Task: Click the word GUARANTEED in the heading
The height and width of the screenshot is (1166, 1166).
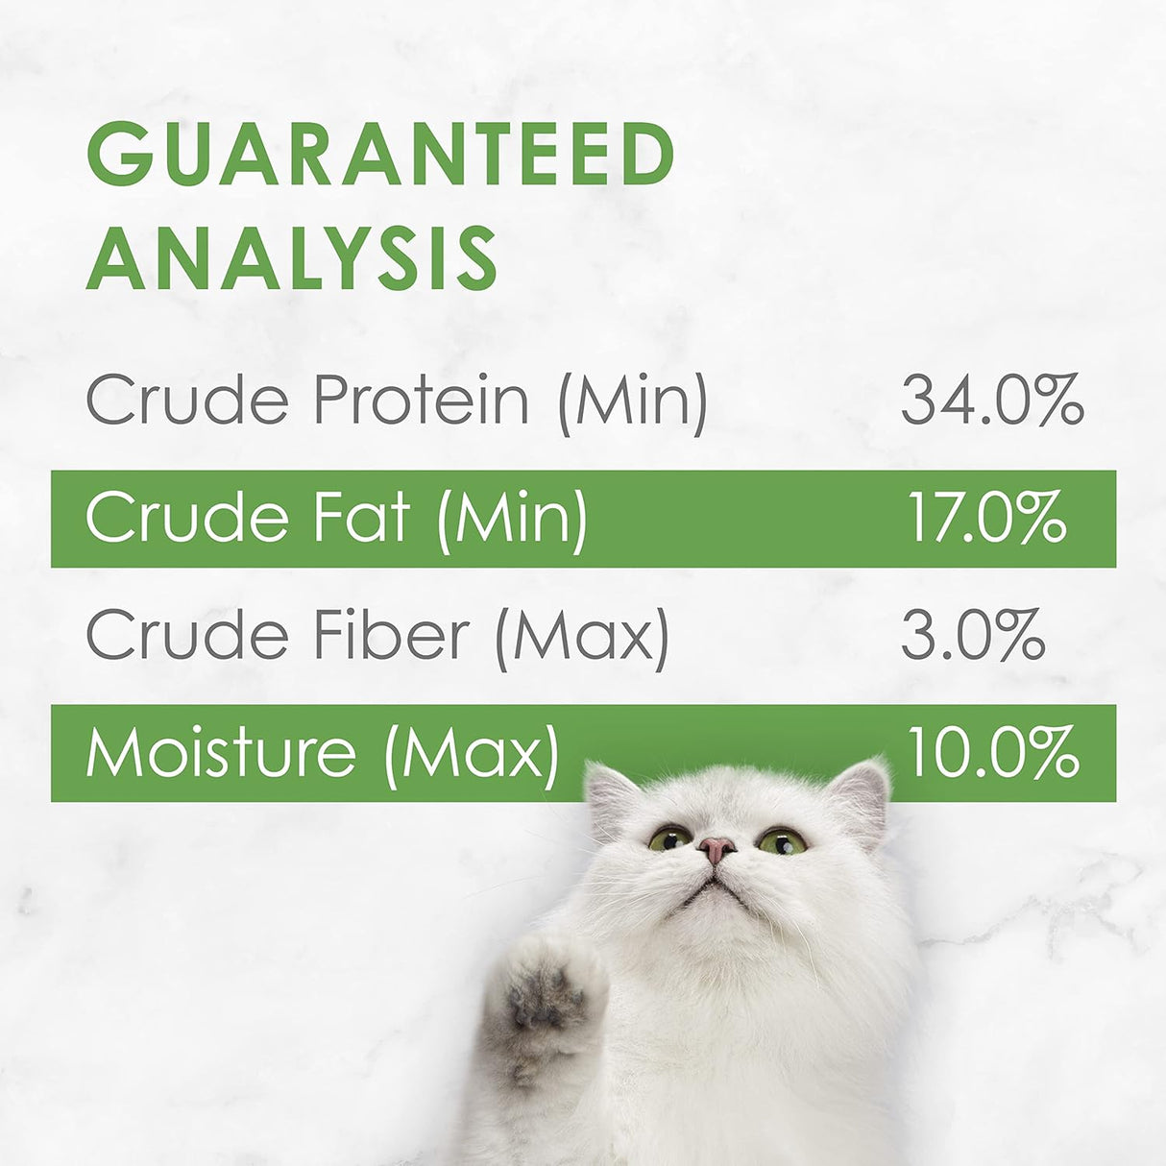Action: pos(381,155)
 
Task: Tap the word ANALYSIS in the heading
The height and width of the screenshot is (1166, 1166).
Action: pos(293,258)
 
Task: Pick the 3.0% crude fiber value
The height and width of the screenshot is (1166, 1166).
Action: pos(973,634)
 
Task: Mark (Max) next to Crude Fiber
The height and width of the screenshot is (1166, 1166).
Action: pos(582,636)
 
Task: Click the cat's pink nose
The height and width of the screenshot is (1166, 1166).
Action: pos(717,848)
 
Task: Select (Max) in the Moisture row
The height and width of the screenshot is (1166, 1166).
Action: pos(471,753)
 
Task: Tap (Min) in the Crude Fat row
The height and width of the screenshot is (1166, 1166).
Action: pos(512,519)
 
